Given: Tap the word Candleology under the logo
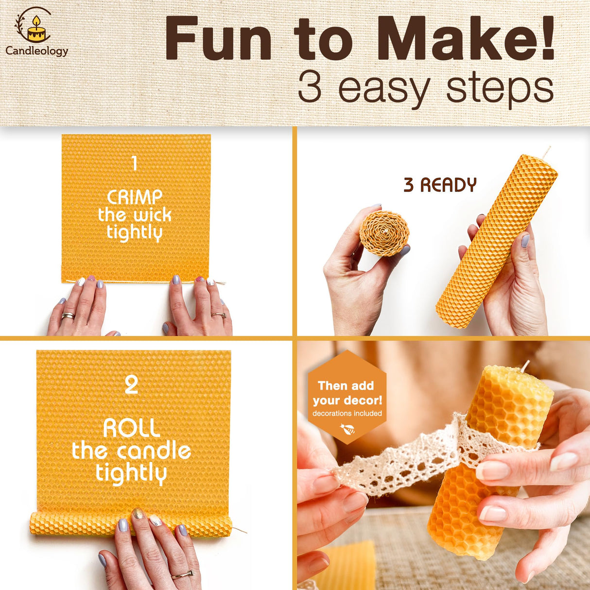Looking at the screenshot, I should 37,51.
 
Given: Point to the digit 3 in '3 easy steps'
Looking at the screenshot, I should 310,87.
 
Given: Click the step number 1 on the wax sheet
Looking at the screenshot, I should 135,163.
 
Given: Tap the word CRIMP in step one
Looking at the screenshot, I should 135,197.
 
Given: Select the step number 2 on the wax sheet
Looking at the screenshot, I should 131,385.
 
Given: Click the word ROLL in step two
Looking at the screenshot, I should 132,428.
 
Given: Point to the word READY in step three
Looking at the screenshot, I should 448,185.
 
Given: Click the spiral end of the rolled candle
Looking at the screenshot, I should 384,233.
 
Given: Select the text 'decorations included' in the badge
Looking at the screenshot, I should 347,414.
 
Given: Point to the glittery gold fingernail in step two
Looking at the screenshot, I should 138,514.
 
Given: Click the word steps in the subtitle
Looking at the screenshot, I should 500,88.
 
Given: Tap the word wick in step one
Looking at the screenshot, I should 152,215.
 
